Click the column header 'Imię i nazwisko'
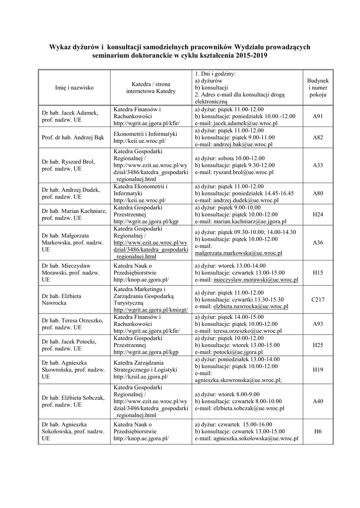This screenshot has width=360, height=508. [74, 87]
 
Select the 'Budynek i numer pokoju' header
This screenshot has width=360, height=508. [318, 87]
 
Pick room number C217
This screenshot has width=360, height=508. [318, 300]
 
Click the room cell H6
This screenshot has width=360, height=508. [318, 432]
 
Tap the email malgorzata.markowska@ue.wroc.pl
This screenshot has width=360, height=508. [238, 253]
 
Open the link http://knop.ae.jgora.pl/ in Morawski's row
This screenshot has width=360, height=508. [141, 280]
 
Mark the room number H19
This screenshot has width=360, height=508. [318, 370]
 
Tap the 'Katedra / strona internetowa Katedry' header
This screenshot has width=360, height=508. [150, 87]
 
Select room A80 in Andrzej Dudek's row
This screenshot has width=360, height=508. [318, 193]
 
